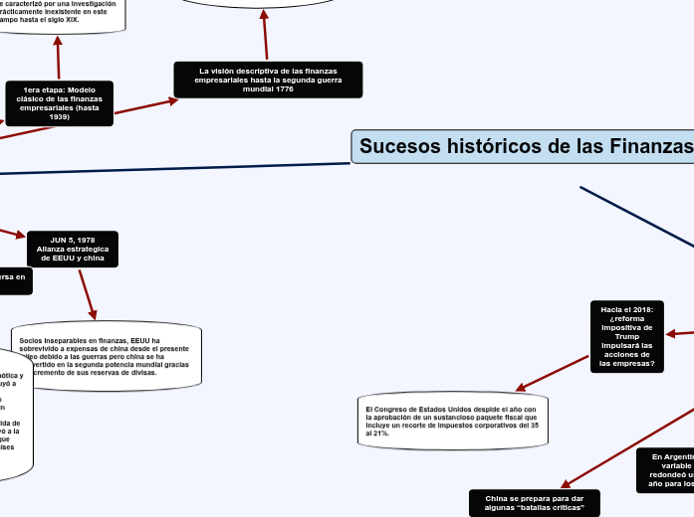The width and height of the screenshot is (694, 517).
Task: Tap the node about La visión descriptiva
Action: click(268, 80)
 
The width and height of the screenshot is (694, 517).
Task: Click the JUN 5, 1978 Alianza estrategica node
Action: click(73, 249)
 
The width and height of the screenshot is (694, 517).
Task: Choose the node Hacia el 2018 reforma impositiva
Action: click(626, 336)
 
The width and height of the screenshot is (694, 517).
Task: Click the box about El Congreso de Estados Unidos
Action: click(453, 422)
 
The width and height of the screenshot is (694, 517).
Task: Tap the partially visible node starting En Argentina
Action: click(666, 470)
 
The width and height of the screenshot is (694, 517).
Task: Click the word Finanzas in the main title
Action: click(652, 147)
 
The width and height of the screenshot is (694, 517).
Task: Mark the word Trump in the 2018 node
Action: click(626, 336)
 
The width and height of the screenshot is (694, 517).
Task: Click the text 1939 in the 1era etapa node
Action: click(60, 116)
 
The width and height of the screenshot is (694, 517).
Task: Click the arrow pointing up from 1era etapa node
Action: click(58, 58)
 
